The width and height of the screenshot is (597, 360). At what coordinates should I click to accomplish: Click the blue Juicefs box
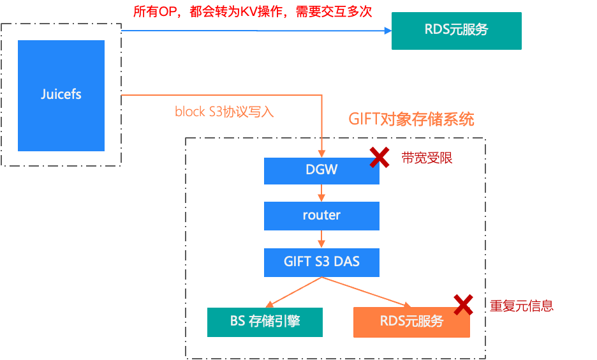[x=61, y=95]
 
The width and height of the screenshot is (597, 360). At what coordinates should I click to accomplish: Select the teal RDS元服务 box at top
[x=456, y=29]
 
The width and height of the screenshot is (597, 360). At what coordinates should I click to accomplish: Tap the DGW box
[x=321, y=170]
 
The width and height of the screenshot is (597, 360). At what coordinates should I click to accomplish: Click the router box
[x=321, y=216]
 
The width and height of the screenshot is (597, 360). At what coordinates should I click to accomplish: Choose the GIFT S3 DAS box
[x=321, y=262]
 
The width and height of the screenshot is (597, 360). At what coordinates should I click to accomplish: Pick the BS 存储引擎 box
[x=265, y=322]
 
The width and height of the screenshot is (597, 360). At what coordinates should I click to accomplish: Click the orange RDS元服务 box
[x=411, y=322]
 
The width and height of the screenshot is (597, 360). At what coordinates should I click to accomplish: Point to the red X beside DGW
[x=380, y=157]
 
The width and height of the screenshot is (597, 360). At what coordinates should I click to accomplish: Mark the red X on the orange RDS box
[x=463, y=304]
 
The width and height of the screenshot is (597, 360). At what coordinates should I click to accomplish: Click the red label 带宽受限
[x=427, y=158]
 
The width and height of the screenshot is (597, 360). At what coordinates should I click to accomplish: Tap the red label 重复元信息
[x=521, y=306]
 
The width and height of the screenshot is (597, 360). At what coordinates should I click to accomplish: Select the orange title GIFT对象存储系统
[x=411, y=119]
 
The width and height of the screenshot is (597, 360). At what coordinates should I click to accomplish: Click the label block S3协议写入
[x=224, y=112]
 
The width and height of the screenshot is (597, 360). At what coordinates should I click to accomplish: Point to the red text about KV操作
[x=253, y=12]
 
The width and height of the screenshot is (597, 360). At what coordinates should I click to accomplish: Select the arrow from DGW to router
[x=321, y=193]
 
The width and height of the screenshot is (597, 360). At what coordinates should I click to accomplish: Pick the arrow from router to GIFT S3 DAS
[x=321, y=239]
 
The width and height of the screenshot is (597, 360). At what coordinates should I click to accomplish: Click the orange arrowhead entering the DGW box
[x=321, y=154]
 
